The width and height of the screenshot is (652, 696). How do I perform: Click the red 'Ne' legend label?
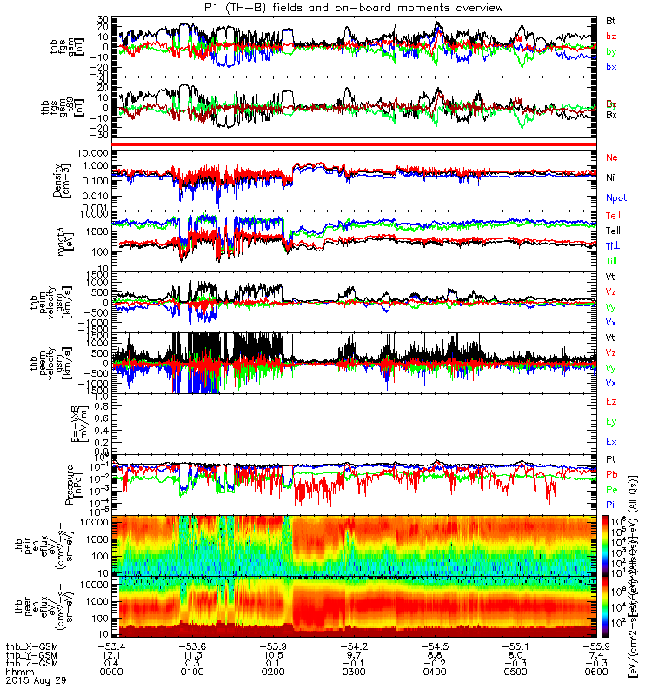612,157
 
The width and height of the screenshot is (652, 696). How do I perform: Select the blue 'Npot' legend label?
615,197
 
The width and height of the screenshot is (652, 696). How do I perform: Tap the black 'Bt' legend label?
612,19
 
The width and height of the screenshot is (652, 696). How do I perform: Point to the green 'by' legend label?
612,51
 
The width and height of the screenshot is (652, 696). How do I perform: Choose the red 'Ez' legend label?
612,400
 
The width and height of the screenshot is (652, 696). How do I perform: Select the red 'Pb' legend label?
612,475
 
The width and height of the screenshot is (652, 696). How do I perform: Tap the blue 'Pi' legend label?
612,506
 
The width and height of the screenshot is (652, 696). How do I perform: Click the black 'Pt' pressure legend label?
612,458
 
